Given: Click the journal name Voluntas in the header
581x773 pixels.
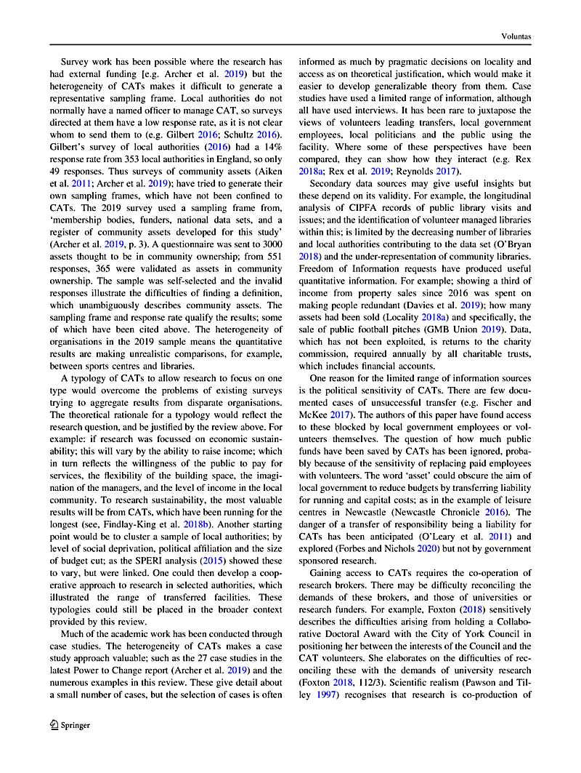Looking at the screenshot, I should (516, 33).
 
